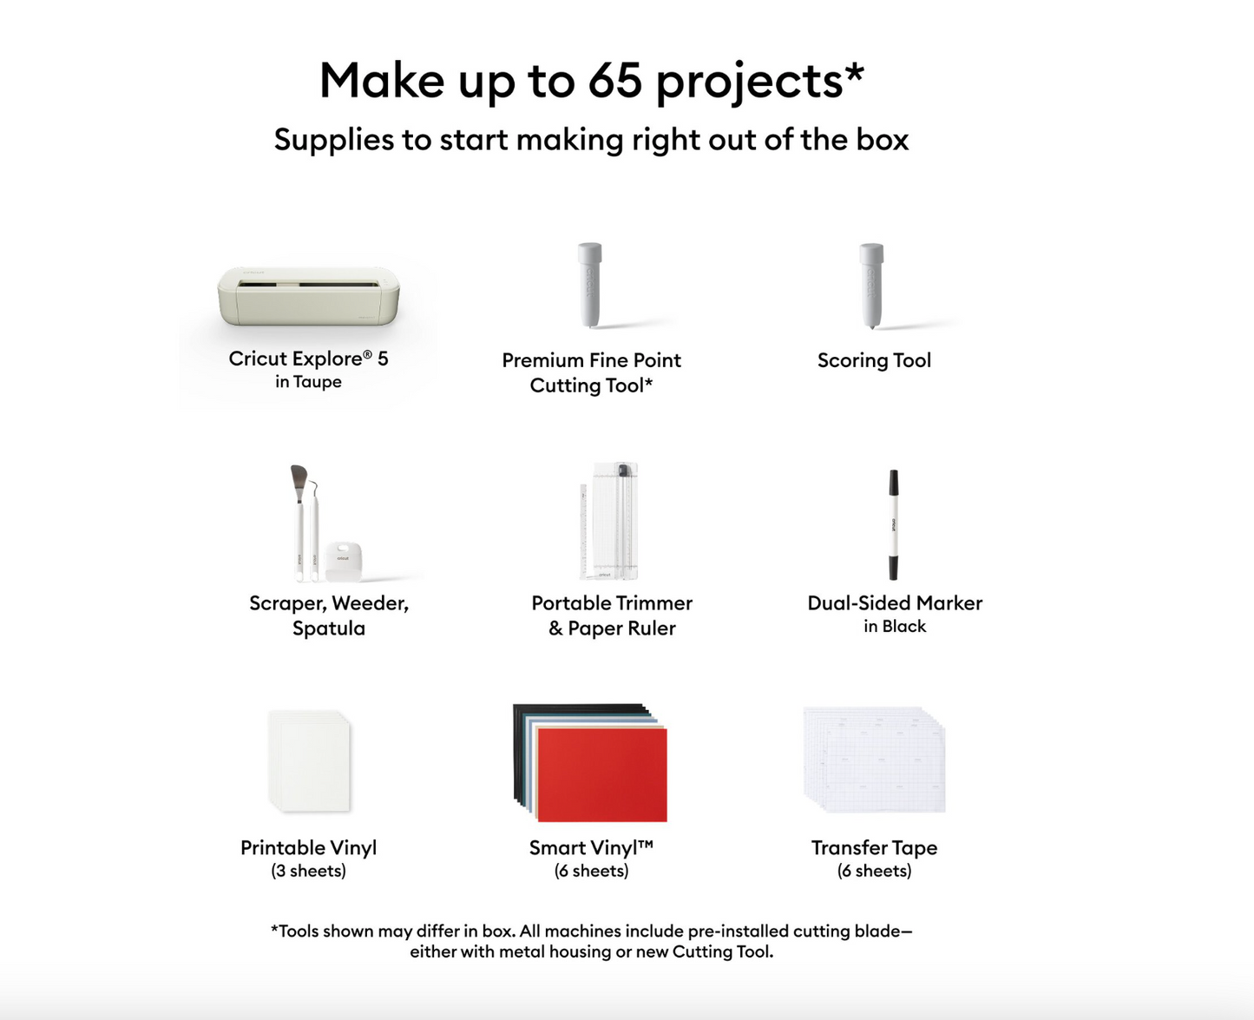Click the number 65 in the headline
click(x=614, y=81)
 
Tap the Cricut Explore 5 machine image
click(x=308, y=296)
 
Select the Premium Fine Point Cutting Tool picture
click(x=590, y=286)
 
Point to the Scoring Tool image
click(x=871, y=286)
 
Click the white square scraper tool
click(x=344, y=560)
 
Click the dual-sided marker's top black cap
click(x=893, y=484)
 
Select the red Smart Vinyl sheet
click(x=601, y=774)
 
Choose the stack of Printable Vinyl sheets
click(x=309, y=761)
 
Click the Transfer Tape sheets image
click(x=874, y=760)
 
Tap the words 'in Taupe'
click(x=308, y=382)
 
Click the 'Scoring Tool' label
click(x=874, y=360)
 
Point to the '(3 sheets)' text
click(x=308, y=871)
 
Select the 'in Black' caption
click(x=895, y=627)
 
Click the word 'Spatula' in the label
click(x=329, y=628)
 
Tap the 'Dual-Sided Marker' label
click(x=895, y=603)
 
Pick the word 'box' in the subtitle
click(x=882, y=140)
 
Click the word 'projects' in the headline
click(x=749, y=82)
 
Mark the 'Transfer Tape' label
click(x=874, y=848)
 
